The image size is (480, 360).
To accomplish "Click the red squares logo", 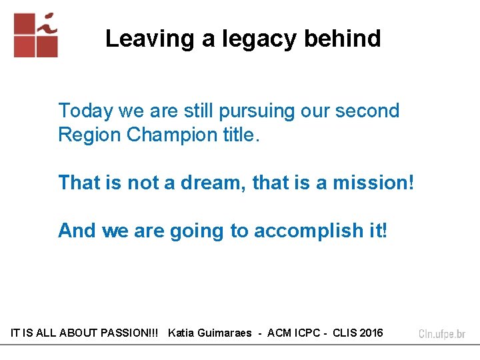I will [x=36, y=35].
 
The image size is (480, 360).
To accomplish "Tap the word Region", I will [x=89, y=135].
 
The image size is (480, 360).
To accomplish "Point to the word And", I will [x=77, y=231].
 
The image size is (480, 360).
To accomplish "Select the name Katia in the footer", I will [x=183, y=333].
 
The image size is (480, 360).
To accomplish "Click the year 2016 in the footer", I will [x=371, y=333].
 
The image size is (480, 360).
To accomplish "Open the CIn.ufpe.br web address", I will [x=442, y=333].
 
